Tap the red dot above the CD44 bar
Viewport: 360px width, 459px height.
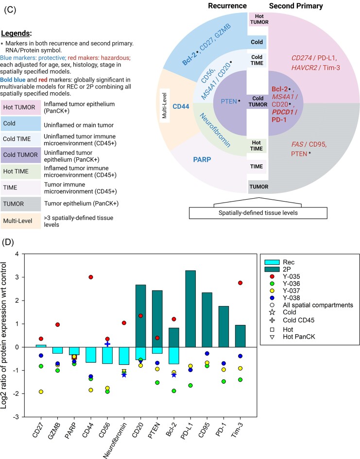click(x=90, y=277)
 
